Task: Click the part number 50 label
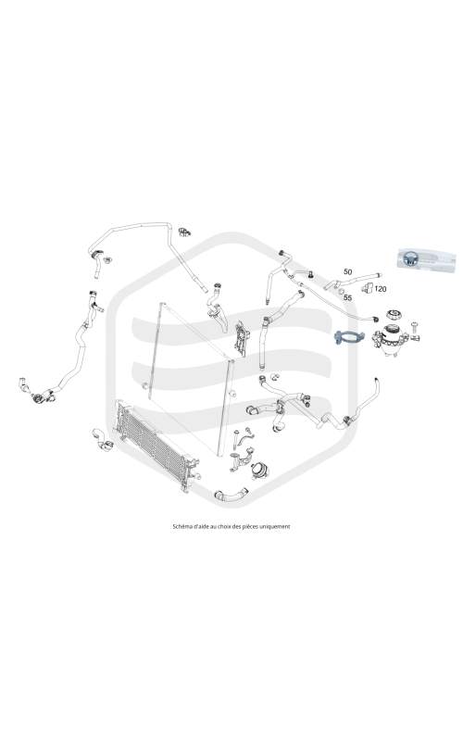point(348,271)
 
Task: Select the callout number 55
point(348,297)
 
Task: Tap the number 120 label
point(381,289)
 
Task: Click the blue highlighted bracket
point(349,337)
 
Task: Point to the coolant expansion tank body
point(390,338)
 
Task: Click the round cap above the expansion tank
point(393,315)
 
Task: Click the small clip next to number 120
point(367,288)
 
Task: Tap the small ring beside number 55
point(341,292)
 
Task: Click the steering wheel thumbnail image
point(426,258)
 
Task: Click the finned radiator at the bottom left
point(156,445)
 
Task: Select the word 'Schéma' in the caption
point(181,526)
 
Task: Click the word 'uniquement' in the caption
point(275,526)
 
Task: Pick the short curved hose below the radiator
point(231,495)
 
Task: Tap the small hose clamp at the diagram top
point(184,232)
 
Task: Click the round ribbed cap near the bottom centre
point(258,470)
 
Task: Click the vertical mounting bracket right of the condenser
point(242,338)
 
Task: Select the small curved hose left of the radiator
point(102,439)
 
